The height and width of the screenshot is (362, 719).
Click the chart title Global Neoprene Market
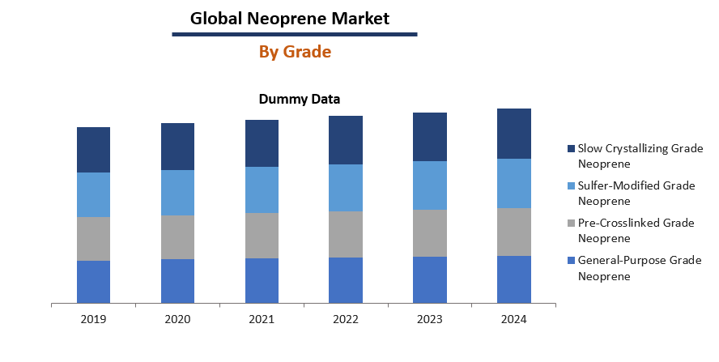[x=289, y=17]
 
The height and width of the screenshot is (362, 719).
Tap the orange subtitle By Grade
[x=295, y=52]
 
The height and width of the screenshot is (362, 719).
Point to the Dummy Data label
[x=299, y=100]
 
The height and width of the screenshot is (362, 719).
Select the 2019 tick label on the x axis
[x=93, y=319]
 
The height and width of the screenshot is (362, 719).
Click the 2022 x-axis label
[x=345, y=319]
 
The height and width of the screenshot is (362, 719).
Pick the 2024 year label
[x=513, y=319]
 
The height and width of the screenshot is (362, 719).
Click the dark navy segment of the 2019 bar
[x=93, y=150]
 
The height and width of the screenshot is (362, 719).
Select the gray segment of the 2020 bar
[x=177, y=236]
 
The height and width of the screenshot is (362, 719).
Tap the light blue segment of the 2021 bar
[x=262, y=190]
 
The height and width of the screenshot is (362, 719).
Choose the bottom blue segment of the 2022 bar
[x=345, y=280]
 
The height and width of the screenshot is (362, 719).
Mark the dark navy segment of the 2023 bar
[x=429, y=137]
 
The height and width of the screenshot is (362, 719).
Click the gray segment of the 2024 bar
[x=513, y=232]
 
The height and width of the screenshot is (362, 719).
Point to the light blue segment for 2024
[x=513, y=183]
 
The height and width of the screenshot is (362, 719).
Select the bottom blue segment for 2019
[x=93, y=282]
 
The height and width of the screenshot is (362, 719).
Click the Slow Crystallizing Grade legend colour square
[x=571, y=149]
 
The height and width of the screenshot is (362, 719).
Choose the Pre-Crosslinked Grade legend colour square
[x=571, y=223]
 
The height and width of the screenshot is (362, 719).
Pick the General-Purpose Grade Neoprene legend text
[x=639, y=268]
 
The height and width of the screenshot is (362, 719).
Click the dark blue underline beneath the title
[x=295, y=35]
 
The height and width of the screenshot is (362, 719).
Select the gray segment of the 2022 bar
[x=345, y=234]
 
